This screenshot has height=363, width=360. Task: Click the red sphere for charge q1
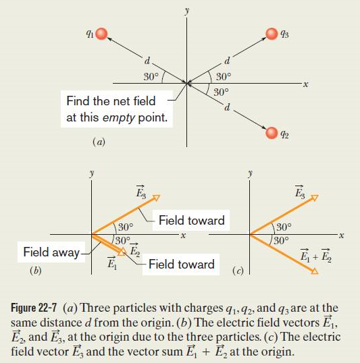101,34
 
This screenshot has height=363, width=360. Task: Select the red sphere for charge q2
272,133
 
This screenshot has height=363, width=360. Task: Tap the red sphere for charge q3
272,34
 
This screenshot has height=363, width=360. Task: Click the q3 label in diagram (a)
284,34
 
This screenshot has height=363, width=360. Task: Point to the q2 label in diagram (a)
284,134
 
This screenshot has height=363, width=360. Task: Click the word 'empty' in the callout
118,118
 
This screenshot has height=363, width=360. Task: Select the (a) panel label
99,142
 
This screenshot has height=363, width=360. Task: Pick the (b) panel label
36,271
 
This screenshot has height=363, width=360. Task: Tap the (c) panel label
238,271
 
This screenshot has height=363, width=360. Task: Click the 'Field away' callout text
51,252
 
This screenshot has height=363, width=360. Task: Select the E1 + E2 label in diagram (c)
315,255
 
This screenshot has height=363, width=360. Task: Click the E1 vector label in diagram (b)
112,262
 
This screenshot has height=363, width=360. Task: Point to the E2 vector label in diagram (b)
134,250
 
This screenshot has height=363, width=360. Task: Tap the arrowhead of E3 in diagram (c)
315,198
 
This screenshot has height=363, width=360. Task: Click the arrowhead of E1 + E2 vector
315,271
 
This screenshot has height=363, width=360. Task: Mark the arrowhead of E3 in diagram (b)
157,198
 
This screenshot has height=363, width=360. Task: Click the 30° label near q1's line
151,77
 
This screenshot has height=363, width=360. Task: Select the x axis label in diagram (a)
306,84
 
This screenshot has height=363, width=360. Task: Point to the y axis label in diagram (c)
250,173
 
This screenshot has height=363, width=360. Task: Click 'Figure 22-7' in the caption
34,308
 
